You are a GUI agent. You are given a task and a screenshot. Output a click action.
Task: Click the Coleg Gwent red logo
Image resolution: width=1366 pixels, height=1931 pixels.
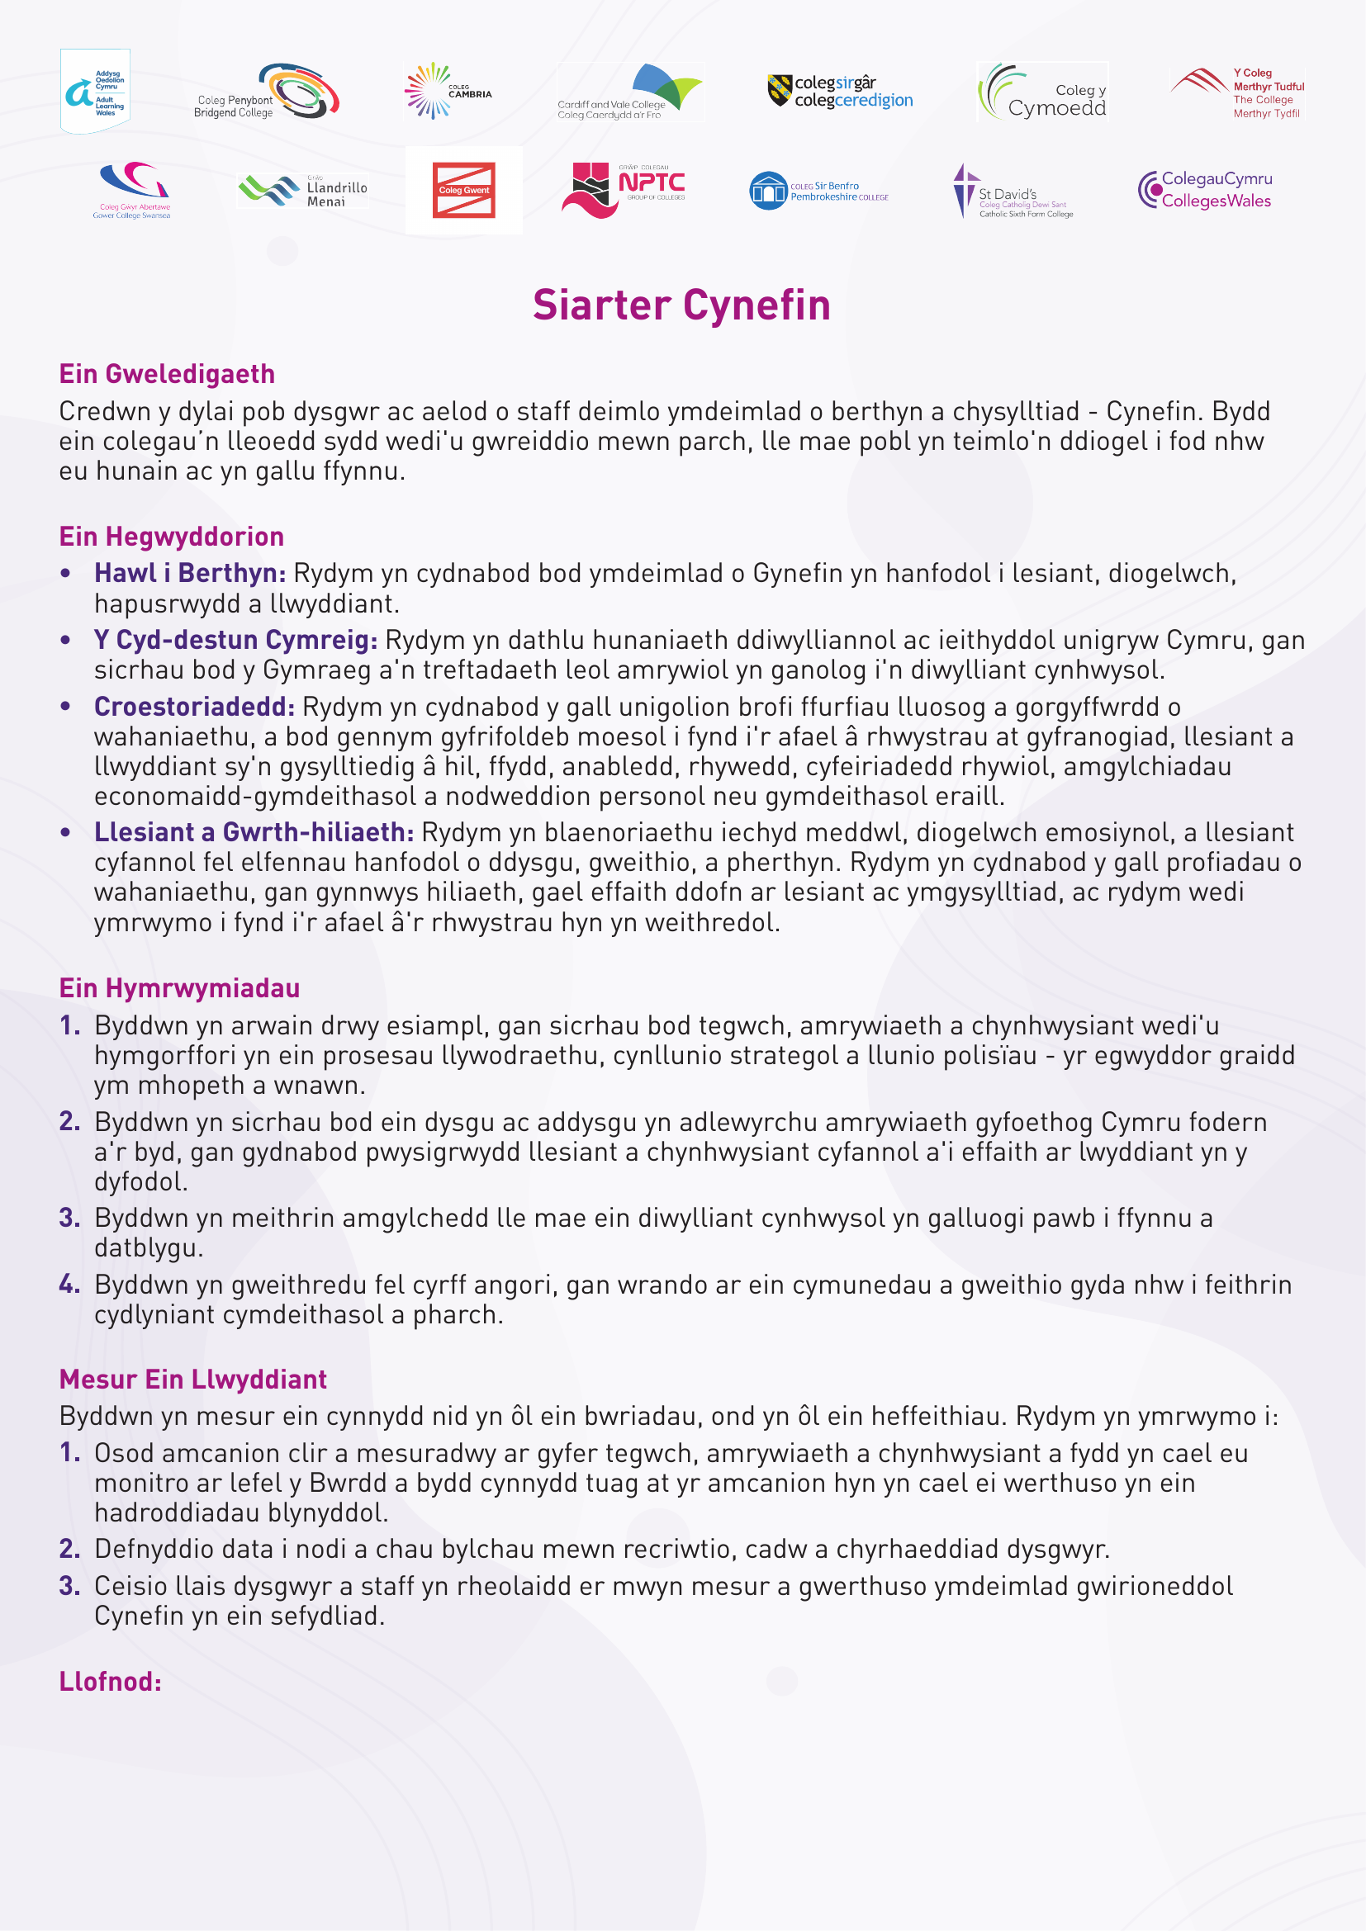click(x=463, y=190)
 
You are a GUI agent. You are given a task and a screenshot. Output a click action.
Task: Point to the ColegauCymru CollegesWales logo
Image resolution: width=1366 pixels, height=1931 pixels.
click(x=1204, y=190)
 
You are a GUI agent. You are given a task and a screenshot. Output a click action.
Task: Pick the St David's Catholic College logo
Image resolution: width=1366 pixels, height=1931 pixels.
click(x=1013, y=192)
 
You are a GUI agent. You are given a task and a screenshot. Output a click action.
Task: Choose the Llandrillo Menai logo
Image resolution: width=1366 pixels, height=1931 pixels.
click(x=303, y=190)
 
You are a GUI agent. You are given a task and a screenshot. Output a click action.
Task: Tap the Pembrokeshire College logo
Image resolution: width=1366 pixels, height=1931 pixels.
click(x=818, y=191)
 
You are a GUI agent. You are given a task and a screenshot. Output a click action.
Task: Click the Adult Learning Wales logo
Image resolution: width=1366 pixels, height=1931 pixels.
click(x=95, y=91)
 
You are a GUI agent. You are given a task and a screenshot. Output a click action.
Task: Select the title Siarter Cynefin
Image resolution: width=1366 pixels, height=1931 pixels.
click(x=681, y=305)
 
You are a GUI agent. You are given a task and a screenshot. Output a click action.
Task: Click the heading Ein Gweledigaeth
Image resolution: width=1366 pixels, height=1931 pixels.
click(x=167, y=374)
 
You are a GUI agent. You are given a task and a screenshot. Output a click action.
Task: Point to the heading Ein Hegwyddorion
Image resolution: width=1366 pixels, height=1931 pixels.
click(x=172, y=537)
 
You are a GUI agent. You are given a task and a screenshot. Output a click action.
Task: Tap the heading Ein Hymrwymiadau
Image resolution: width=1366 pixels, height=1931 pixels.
click(x=179, y=988)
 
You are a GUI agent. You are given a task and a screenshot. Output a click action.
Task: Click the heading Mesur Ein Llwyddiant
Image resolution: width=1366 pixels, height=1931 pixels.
click(x=192, y=1380)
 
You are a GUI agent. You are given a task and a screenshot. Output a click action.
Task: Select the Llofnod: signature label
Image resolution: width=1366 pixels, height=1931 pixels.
click(x=110, y=1681)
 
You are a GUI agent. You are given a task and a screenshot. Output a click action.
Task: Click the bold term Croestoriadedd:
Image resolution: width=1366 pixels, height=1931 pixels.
click(x=194, y=708)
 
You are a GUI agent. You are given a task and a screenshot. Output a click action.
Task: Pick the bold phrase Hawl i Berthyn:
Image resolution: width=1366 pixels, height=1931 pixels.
click(x=190, y=574)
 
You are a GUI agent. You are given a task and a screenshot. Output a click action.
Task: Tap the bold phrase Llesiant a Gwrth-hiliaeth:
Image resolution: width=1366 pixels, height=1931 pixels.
click(x=254, y=833)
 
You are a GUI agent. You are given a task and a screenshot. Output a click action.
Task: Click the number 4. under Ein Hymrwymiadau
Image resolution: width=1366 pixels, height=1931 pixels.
click(x=69, y=1285)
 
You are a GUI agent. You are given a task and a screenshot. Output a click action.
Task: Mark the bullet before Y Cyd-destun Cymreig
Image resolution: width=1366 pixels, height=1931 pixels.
click(x=65, y=641)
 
